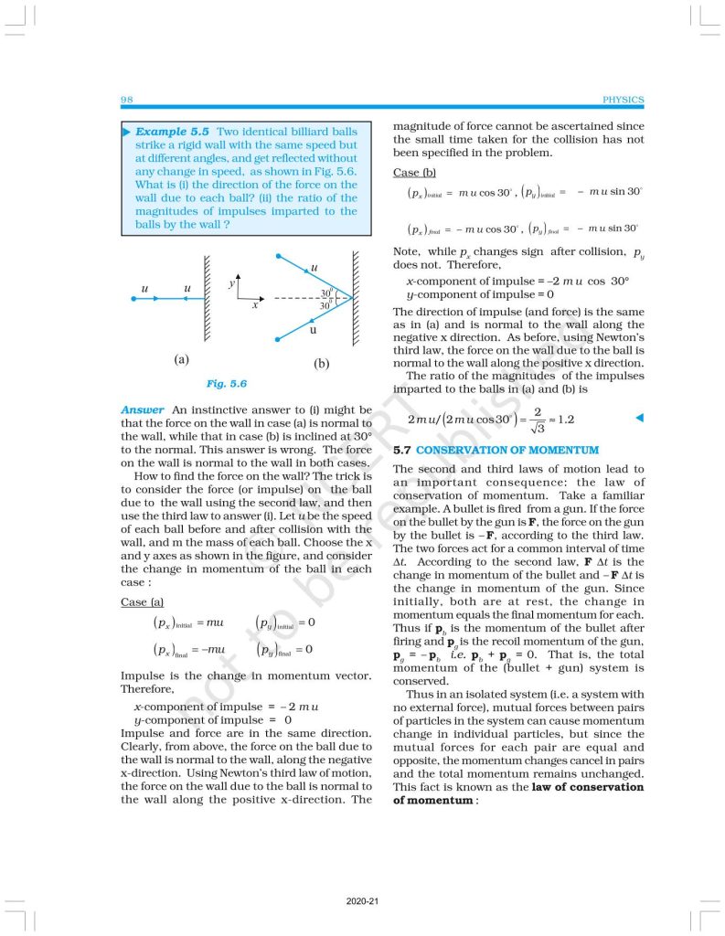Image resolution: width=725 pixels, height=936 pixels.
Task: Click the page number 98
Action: point(126,100)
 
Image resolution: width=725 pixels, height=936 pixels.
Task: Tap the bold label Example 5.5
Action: point(175,132)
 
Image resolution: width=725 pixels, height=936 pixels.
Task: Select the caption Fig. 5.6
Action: point(226,384)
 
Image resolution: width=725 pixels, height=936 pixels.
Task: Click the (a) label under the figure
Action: point(182,359)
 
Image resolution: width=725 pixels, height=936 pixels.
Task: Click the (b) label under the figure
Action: point(321,363)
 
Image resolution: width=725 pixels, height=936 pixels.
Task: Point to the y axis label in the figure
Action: point(232,285)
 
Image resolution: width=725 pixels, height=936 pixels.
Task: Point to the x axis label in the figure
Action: point(255,304)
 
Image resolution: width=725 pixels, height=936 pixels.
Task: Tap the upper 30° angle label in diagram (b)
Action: point(325,292)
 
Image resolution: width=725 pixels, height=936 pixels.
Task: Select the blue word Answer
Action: point(143,410)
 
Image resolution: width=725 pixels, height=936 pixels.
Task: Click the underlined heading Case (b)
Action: point(414,173)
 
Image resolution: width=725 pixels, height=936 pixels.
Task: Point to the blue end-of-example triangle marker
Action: point(639,419)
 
